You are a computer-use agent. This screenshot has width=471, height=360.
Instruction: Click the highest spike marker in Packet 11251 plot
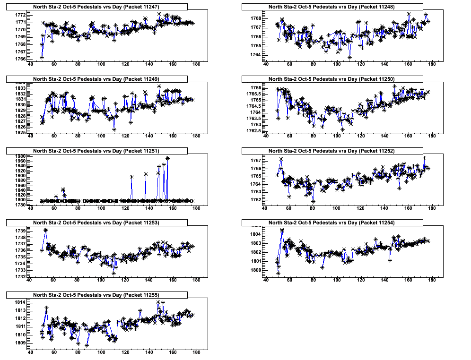(167, 158)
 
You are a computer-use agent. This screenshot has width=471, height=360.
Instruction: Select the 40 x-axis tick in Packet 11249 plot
(31, 136)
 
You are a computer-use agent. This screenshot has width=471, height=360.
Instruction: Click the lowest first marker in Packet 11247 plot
(42, 57)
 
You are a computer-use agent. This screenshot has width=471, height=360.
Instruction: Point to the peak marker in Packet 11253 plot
(45, 230)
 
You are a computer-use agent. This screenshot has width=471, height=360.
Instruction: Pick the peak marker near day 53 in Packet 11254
(282, 231)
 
